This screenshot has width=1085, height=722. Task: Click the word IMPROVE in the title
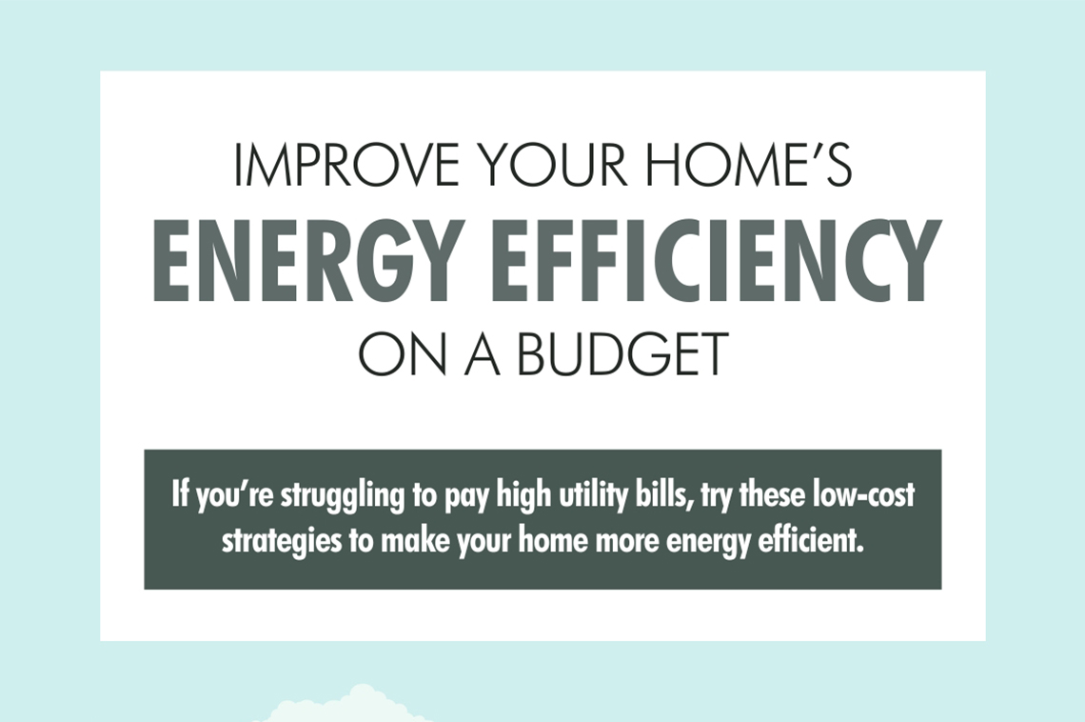[x=344, y=166]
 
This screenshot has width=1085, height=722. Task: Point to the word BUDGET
[x=623, y=353]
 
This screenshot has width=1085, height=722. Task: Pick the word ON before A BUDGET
[x=400, y=353]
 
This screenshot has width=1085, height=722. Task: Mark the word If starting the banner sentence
[x=180, y=495]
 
